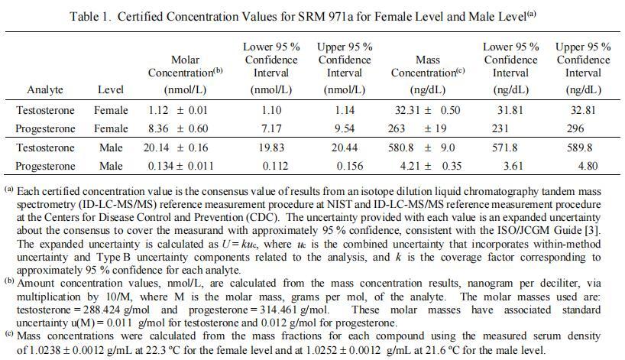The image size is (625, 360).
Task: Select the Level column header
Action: click(x=111, y=89)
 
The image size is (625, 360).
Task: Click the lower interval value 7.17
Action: click(x=271, y=128)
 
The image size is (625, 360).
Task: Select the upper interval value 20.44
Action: click(x=344, y=148)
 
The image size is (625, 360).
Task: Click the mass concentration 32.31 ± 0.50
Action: click(x=426, y=110)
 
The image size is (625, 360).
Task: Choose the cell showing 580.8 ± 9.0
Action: click(x=426, y=148)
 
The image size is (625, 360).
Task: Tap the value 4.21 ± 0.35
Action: click(x=426, y=166)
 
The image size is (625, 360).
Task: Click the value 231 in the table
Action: click(x=510, y=128)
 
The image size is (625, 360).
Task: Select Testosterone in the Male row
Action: click(x=46, y=148)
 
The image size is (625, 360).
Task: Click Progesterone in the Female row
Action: click(x=46, y=128)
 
